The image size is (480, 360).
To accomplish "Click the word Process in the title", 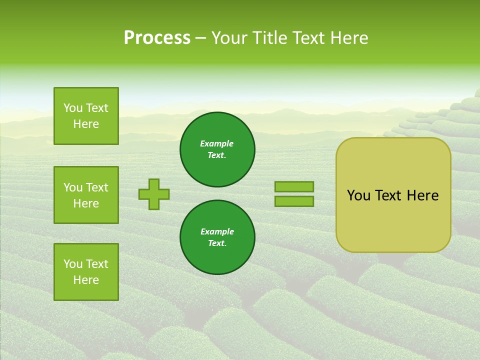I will pos(157,38).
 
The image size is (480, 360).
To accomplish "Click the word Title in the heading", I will pos(270,38).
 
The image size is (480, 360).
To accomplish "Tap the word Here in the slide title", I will pos(349,38).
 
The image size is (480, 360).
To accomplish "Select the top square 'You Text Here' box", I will pos(86,116).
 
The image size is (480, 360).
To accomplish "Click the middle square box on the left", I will pos(86,195).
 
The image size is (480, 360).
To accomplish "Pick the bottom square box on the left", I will pos(86,272).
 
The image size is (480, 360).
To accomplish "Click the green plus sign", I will pos(154,194).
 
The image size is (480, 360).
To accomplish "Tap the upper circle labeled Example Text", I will pos(217,149).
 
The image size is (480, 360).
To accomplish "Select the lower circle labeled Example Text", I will pos(217,237).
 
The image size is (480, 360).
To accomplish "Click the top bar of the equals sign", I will pos(294,186).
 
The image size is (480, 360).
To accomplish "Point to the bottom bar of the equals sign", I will pos(294,201).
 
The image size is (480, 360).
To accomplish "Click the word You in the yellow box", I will pos(358,195).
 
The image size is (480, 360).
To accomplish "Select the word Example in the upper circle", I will pos(217,143).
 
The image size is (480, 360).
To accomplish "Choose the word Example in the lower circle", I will pos(217,231).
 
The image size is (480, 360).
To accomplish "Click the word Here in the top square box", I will pos(86,124).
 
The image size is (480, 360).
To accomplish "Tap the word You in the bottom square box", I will pos(73,264).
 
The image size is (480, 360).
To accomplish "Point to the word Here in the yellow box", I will pos(422,195).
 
